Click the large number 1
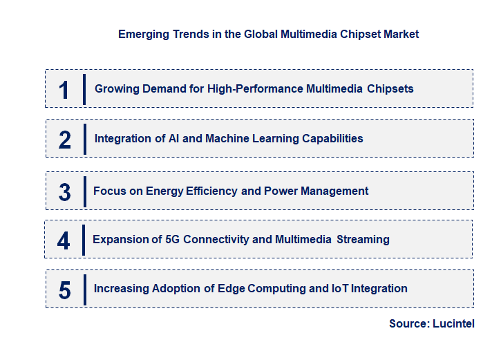64,90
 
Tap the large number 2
65,140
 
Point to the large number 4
64,240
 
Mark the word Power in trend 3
280,191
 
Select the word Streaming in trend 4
363,240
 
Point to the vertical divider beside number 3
84,191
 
